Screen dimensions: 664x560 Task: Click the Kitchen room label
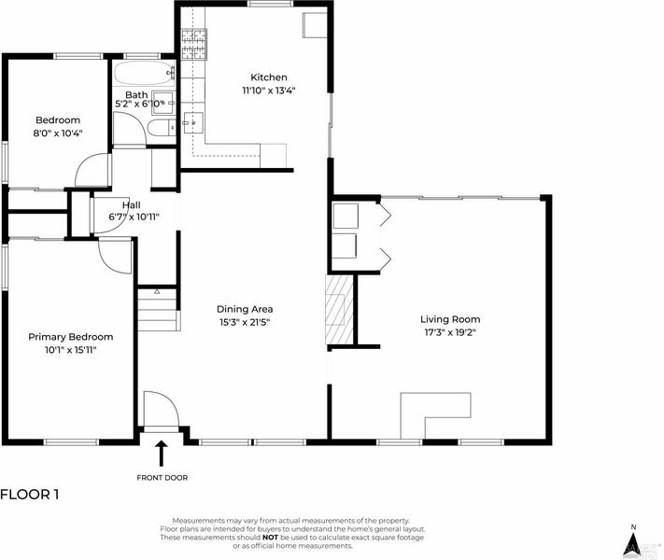tap(268, 77)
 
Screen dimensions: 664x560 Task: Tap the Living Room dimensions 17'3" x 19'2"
tap(450, 332)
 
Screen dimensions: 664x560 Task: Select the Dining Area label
tap(245, 309)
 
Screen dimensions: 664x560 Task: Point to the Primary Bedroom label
tap(71, 337)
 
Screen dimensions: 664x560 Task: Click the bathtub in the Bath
tap(144, 73)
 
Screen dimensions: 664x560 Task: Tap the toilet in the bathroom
tap(162, 127)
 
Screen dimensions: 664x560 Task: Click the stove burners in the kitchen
tap(194, 44)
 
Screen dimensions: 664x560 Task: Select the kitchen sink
tap(193, 123)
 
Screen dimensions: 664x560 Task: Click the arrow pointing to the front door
tap(161, 454)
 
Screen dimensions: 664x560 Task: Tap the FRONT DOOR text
tap(162, 478)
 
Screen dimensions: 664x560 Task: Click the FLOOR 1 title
tap(29, 495)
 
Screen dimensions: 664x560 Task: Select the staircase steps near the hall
tap(158, 310)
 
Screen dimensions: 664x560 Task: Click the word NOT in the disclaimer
tap(270, 538)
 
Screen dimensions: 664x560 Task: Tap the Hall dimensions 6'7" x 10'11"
tap(134, 217)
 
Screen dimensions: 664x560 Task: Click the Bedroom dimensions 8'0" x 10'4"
tap(58, 133)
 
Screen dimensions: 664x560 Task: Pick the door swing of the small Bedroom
tap(92, 170)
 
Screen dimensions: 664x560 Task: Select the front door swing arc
tap(162, 409)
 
